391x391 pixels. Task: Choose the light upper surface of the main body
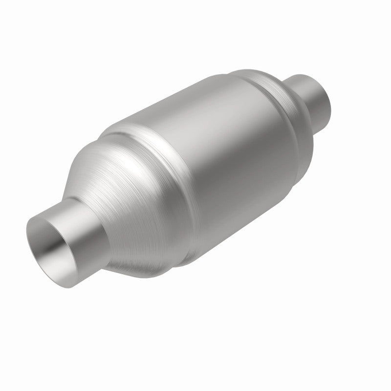[x=195, y=108]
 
